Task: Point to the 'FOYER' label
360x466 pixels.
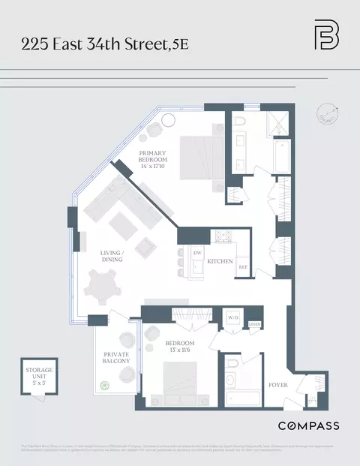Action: (278, 386)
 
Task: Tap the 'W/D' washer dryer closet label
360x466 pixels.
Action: (233, 318)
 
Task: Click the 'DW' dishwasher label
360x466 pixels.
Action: (198, 254)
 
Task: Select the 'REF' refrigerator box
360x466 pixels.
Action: (243, 266)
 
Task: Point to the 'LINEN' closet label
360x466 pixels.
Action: (254, 323)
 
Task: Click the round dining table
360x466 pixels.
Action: (102, 287)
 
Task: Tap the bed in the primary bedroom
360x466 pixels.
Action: (196, 153)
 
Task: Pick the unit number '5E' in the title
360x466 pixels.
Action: (180, 44)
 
